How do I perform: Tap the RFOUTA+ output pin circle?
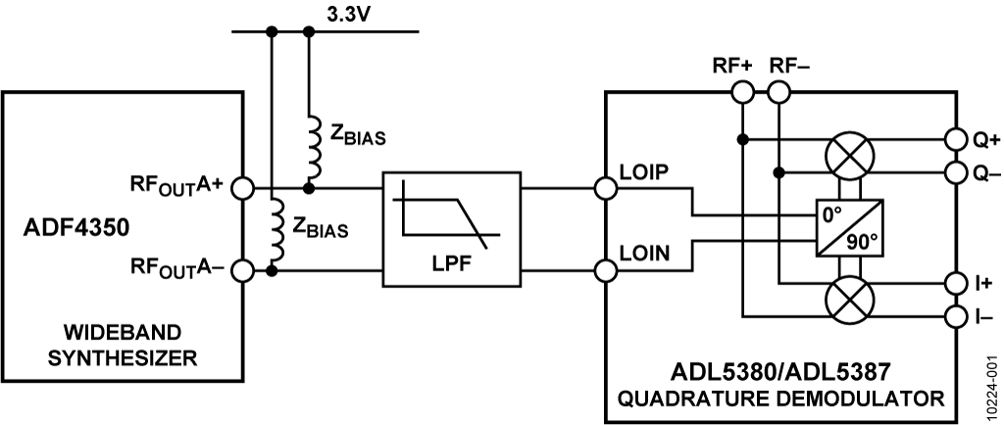point(242,187)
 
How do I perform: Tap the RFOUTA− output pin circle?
point(242,269)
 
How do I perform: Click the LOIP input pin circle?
point(604,187)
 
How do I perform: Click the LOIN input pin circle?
point(604,269)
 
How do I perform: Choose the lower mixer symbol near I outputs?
point(848,299)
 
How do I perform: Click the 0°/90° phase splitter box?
point(849,228)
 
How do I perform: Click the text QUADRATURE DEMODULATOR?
point(781,399)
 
